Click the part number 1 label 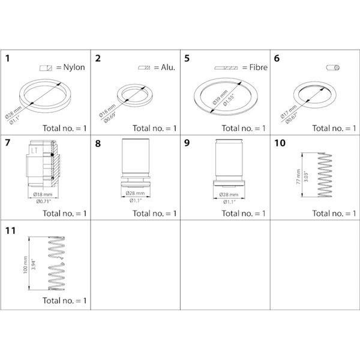[8, 59]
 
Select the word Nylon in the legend [74, 67]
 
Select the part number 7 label [8, 143]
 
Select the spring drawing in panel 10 [326, 174]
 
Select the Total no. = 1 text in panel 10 [334, 214]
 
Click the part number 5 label [188, 59]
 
